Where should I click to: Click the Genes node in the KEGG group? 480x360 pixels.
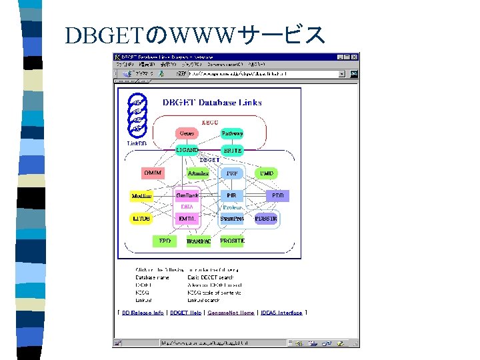187,133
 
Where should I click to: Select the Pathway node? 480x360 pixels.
232,133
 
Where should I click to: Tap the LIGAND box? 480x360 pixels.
187,151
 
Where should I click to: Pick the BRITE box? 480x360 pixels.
232,151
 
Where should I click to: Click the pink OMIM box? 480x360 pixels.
152,173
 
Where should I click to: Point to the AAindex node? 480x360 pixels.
198,173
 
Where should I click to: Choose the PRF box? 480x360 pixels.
232,173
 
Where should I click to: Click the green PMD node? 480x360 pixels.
267,173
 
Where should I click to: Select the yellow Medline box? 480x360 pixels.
141,196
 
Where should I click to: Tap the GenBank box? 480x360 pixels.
187,196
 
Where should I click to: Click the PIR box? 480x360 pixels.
232,196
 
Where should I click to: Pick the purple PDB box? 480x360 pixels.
278,196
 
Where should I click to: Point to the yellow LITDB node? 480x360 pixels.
141,218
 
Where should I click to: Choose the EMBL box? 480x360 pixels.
187,218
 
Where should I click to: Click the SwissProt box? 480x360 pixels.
232,218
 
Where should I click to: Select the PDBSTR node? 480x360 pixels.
267,218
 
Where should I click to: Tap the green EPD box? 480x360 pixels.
164,241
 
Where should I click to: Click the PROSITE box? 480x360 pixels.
232,241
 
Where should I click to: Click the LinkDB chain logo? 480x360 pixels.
137,115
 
